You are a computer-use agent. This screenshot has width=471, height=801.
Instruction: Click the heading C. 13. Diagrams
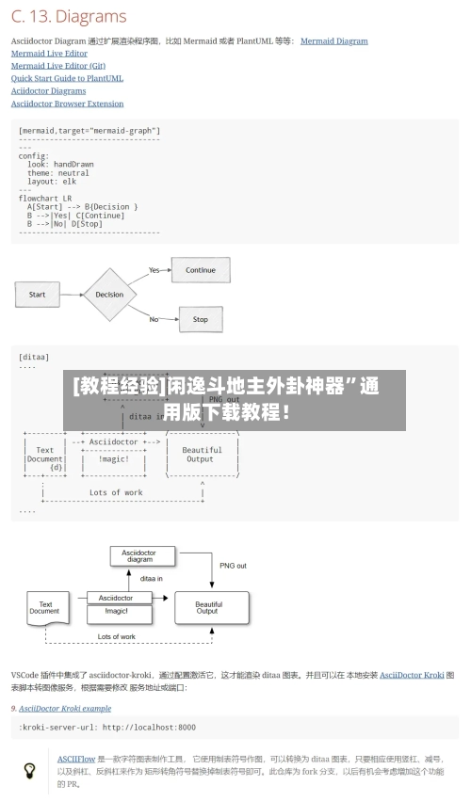[x=69, y=17]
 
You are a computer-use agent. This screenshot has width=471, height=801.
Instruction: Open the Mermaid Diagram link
[x=333, y=41]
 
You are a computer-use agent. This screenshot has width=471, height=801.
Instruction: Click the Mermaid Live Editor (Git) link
[x=57, y=66]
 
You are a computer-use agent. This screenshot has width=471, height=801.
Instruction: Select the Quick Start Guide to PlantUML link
[x=67, y=78]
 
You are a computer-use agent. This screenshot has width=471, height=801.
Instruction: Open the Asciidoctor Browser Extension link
[x=67, y=104]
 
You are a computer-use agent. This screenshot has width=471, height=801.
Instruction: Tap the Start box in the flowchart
[x=37, y=295]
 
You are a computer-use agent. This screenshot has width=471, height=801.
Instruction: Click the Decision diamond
[x=109, y=295]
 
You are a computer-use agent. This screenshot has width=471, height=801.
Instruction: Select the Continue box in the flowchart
[x=200, y=270]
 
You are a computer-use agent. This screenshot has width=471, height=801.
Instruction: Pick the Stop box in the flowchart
[x=200, y=319]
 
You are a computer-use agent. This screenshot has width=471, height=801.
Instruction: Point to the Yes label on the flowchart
[x=154, y=270]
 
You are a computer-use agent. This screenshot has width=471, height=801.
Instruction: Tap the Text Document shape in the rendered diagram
[x=45, y=607]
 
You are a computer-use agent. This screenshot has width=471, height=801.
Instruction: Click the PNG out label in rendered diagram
[x=233, y=566]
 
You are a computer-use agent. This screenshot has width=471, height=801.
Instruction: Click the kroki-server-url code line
[x=107, y=727]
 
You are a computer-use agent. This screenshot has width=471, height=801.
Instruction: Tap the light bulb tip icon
[x=29, y=769]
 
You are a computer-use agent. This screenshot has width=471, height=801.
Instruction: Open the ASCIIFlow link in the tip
[x=76, y=758]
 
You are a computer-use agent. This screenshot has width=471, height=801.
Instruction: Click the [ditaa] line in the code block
[x=34, y=357]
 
